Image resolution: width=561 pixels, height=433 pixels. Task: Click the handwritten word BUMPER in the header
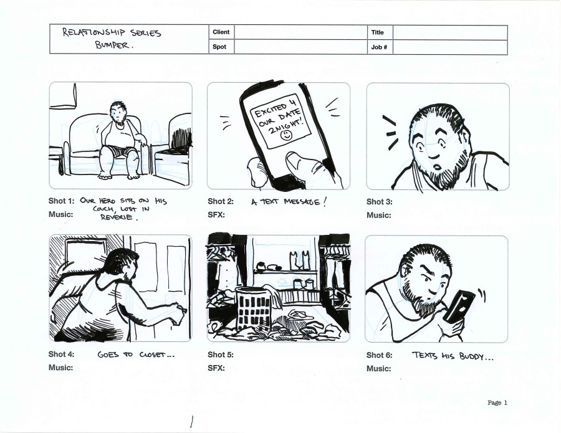point(112,45)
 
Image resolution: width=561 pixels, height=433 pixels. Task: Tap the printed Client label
point(221,32)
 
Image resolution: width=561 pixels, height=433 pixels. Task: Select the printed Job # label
point(379,47)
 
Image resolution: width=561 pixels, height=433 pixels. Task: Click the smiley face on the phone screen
point(286,135)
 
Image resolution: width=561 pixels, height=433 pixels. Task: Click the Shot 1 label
point(61,201)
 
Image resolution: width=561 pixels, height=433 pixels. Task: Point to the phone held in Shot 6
point(459,306)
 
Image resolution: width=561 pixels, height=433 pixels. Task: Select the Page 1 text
point(497,402)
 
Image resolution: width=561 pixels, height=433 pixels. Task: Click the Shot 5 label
point(221,354)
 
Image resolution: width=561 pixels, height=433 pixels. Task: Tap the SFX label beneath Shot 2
point(216,215)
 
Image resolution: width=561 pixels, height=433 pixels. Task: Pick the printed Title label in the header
point(378,32)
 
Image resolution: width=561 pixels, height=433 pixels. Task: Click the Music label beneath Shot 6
point(378,369)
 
